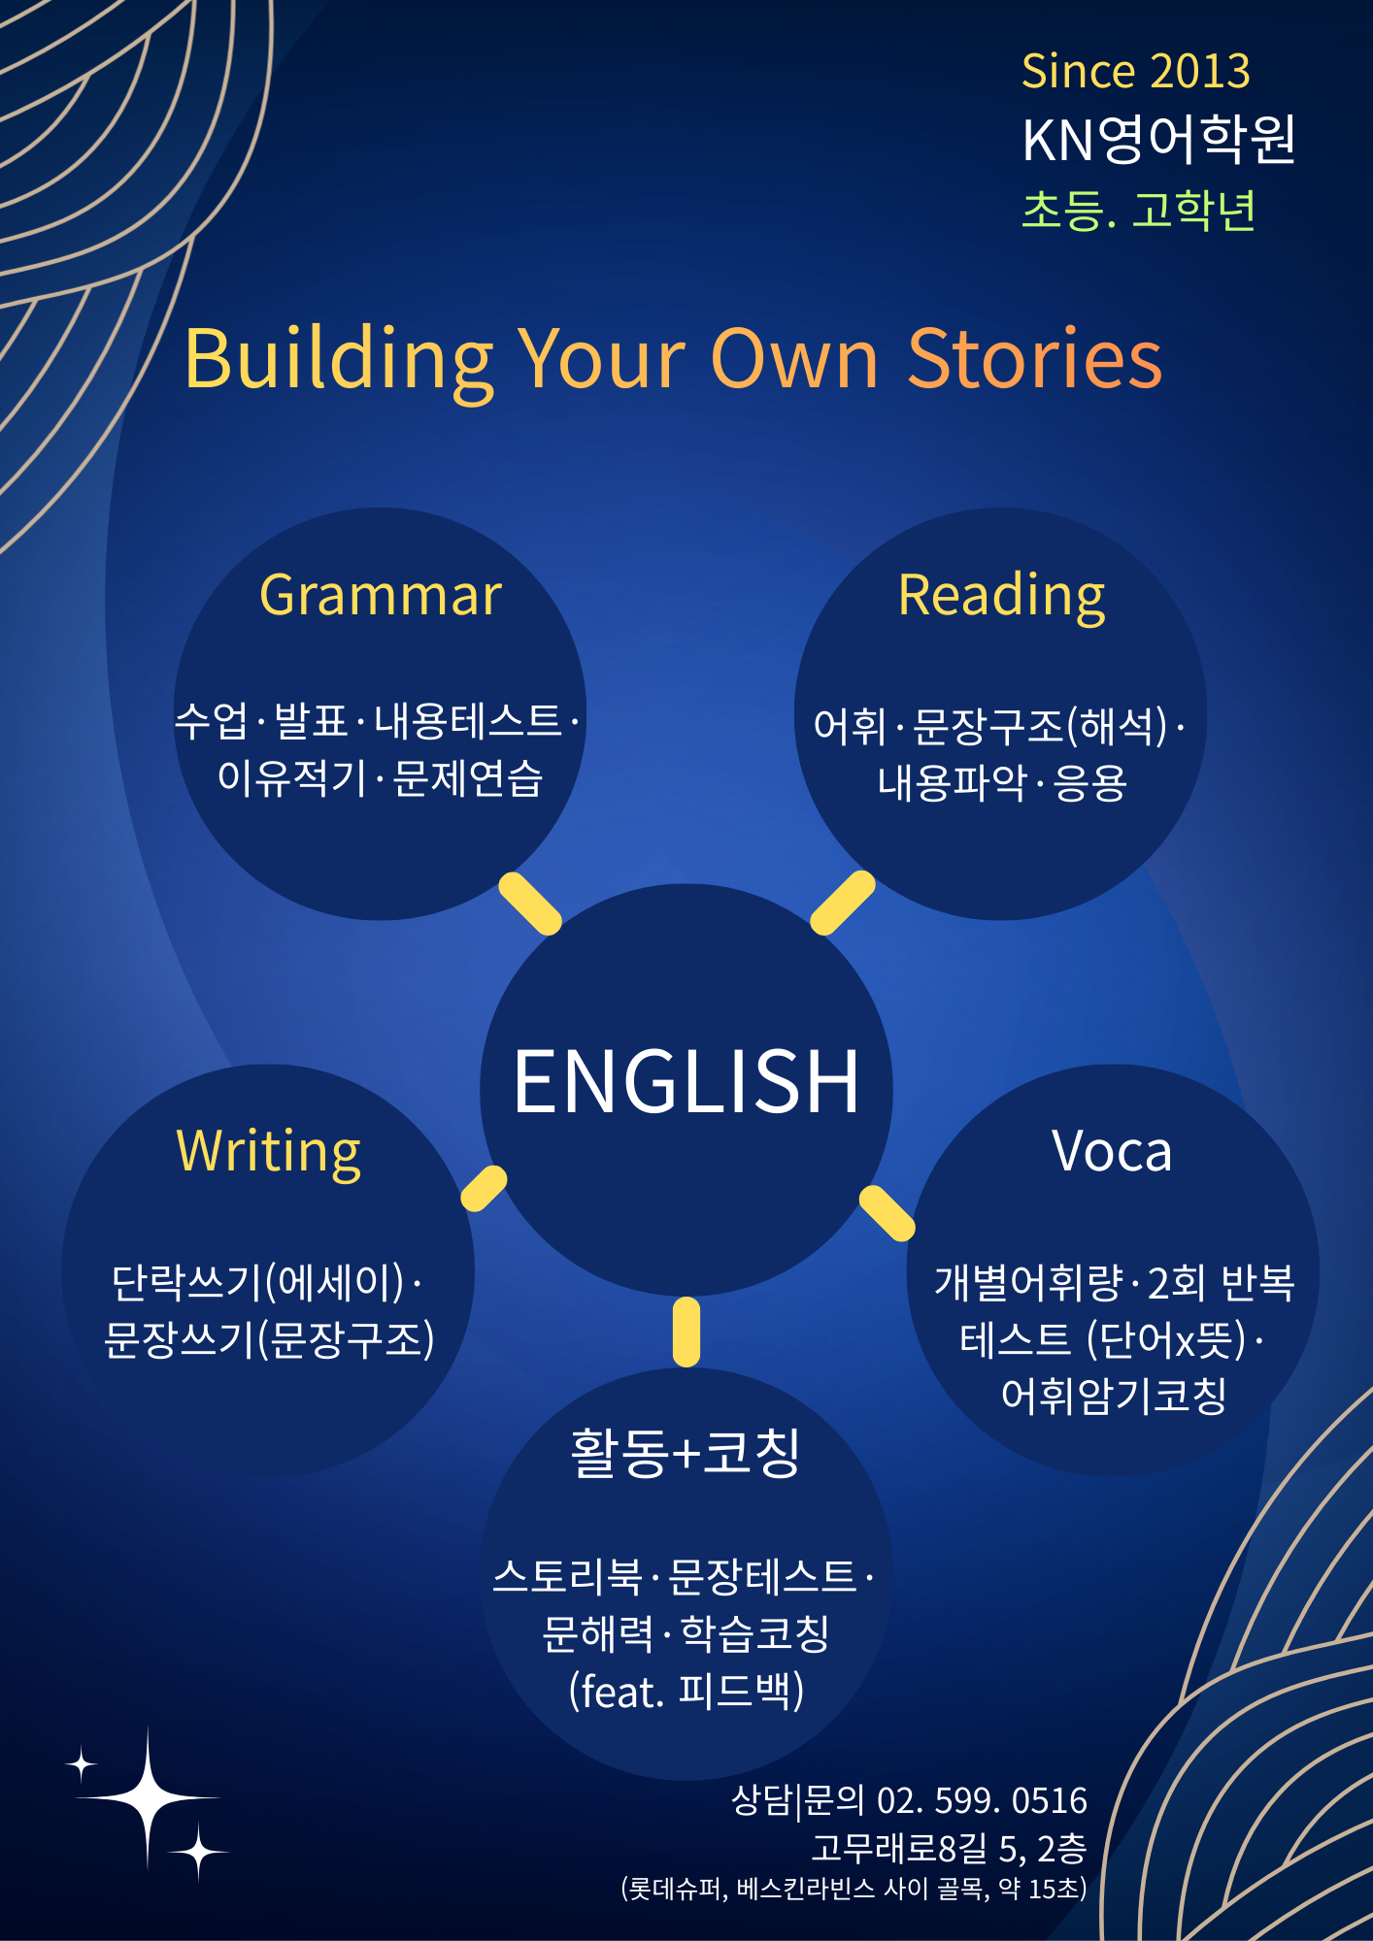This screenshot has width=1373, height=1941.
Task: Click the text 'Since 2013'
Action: tap(1136, 72)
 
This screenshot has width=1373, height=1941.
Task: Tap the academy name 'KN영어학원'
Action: tap(1159, 139)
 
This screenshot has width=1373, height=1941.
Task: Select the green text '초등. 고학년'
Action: tap(1139, 210)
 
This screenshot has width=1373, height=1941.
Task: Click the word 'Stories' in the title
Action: tap(1035, 358)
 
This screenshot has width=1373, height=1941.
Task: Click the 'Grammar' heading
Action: tap(381, 596)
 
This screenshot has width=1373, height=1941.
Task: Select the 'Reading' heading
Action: tap(1002, 596)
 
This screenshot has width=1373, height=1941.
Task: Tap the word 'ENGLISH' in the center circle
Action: tap(686, 1081)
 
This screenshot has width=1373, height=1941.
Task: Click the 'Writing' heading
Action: tap(269, 1152)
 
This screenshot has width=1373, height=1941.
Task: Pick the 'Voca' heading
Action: tap(1113, 1152)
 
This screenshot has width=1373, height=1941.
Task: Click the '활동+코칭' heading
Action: tap(686, 1453)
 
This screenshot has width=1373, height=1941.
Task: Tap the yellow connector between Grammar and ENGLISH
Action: tap(530, 904)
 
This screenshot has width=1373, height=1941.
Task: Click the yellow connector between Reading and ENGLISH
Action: tap(843, 903)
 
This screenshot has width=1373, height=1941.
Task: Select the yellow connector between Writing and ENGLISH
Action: tap(484, 1189)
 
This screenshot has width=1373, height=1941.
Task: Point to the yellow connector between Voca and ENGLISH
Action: tap(887, 1213)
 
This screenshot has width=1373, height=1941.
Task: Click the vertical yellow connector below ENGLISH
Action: tap(686, 1332)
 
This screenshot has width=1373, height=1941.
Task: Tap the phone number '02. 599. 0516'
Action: tap(982, 1800)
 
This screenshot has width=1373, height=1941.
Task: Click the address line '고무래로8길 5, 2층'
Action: tap(949, 1848)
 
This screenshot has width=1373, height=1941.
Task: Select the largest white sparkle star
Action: tap(148, 1798)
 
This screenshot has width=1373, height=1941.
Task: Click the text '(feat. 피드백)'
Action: tap(686, 1691)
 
